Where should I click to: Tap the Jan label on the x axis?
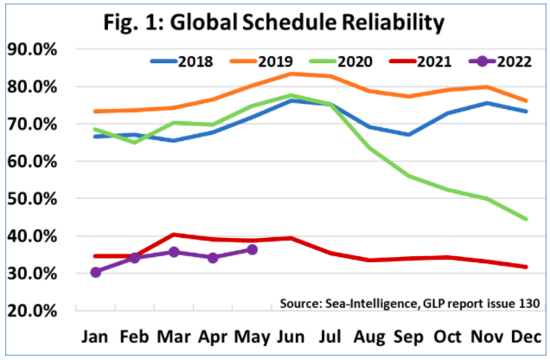coord(95,337)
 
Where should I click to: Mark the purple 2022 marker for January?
coord(95,272)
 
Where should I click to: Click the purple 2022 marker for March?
coord(173,252)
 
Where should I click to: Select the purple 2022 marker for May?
coord(252,249)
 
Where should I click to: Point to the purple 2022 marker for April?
coord(213,257)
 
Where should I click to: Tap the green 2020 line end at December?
coord(526,219)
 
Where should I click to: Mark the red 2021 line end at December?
coord(526,267)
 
